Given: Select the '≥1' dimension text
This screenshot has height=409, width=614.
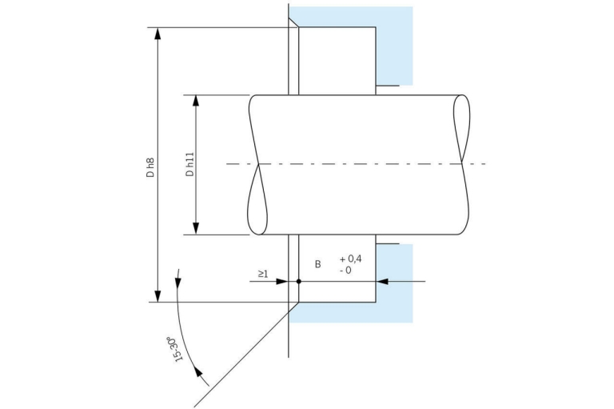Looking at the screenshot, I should (x=263, y=274).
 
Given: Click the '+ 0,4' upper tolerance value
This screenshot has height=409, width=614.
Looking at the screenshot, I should (x=351, y=259).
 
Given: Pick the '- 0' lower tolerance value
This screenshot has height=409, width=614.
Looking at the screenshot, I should (x=345, y=271).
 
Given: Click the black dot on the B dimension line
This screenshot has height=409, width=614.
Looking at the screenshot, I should (x=298, y=282).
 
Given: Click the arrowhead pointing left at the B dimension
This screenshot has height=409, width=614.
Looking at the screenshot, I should (x=382, y=282).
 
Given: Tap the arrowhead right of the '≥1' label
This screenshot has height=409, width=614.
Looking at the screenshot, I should (x=282, y=282).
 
